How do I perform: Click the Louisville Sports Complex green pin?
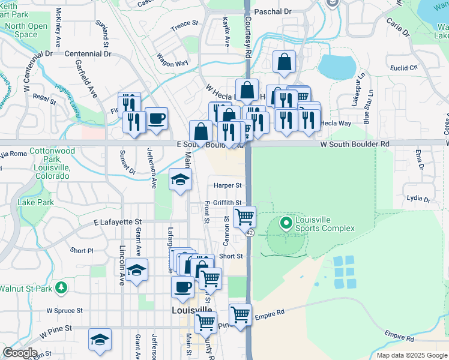coord(286,224)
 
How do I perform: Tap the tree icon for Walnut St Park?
coord(61,289)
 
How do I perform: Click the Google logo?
coord(20,353)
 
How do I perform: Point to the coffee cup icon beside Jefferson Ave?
coord(157,118)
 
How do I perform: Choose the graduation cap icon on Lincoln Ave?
coord(137,271)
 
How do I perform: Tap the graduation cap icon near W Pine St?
coord(100,339)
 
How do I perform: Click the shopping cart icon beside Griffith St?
coord(244,217)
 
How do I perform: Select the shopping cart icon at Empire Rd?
coord(240,314)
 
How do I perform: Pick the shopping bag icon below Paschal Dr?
coord(284,61)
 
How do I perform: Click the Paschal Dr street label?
coord(273,11)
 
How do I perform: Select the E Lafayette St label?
coord(116,222)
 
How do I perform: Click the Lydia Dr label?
coord(418,198)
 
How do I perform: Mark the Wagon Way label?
coord(173,60)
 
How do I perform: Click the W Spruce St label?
coord(64,311)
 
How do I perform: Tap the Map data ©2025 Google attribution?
coord(411,355)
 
